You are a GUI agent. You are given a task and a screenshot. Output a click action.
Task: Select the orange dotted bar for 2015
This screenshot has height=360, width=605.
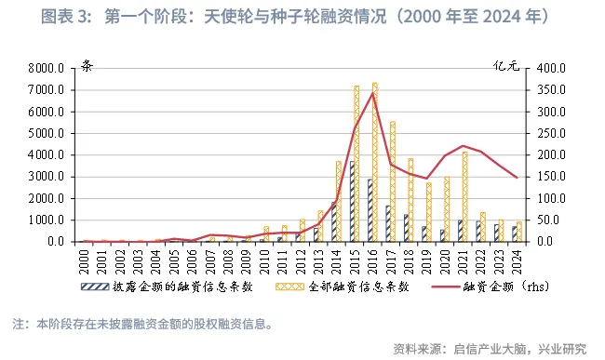pos(356,164)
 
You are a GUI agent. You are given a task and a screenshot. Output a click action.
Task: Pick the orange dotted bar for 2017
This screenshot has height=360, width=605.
pos(392,181)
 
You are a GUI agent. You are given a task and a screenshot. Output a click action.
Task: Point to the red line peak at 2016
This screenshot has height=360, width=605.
pos(372,93)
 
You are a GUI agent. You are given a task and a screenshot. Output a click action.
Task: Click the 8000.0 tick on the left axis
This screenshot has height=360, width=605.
pos(46,69)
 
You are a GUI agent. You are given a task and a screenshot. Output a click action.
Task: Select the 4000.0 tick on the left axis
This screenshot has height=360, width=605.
pos(46,155)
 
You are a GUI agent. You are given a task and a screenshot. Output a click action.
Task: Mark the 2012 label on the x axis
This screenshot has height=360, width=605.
pos(301,258)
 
